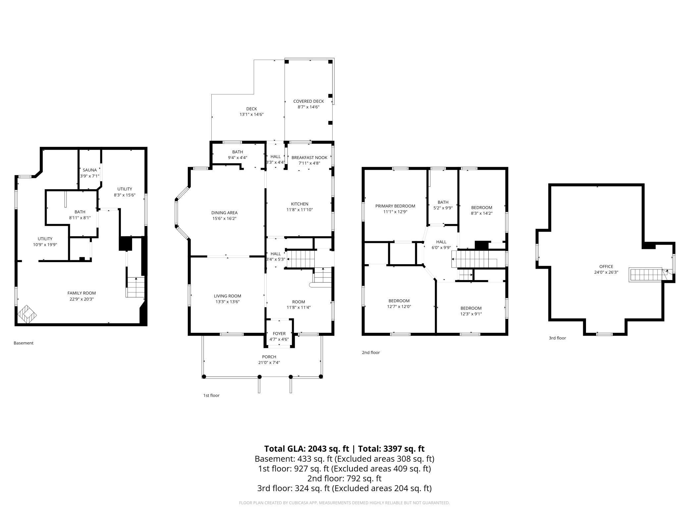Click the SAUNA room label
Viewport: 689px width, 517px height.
(90, 170)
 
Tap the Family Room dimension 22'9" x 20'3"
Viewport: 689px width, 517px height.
(81, 299)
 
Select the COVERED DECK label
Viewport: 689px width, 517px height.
(308, 101)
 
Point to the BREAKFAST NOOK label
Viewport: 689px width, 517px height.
(309, 157)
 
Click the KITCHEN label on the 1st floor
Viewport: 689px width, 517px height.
(299, 204)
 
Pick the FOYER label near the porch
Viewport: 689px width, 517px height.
(279, 333)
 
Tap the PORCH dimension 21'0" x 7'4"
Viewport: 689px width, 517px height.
(269, 362)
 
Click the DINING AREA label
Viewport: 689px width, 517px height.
(224, 213)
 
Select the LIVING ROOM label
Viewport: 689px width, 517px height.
(227, 296)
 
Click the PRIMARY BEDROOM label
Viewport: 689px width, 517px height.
(395, 206)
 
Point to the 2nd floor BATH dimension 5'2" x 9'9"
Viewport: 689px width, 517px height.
(443, 208)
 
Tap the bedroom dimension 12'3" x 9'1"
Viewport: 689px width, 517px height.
(471, 314)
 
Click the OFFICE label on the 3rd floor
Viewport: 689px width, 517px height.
(606, 266)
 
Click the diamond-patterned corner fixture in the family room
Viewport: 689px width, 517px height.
(27, 314)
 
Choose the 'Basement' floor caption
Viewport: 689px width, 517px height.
(24, 343)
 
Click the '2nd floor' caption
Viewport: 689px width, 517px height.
(371, 352)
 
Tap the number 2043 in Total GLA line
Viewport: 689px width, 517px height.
(317, 449)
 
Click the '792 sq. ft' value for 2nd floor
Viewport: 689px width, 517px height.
(364, 479)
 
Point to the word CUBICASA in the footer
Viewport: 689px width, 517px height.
(302, 503)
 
